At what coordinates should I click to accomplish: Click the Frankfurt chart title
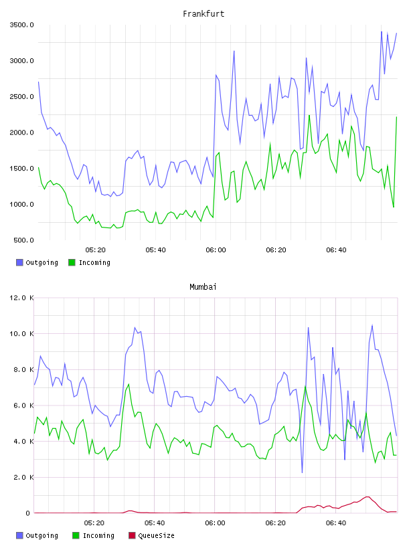point(203,14)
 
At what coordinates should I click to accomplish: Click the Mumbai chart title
point(203,287)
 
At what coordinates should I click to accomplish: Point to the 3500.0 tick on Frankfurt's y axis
point(21,25)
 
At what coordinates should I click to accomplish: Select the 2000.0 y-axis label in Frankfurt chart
point(21,132)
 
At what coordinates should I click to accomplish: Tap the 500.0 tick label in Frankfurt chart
point(23,240)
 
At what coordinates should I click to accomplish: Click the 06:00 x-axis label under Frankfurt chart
point(216,250)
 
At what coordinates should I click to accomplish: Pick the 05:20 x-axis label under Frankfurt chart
point(96,250)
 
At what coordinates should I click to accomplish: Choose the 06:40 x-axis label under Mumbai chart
point(336,523)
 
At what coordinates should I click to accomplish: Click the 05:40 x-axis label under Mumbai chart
point(155,523)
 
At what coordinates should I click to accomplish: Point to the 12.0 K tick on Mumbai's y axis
point(21,298)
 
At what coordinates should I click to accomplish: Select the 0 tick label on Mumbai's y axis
point(28,513)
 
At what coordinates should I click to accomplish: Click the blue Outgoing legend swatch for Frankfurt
point(19,262)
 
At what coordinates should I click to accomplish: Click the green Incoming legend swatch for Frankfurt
point(72,262)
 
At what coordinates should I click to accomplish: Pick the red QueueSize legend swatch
point(132,535)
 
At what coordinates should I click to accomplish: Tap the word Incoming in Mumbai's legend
point(98,535)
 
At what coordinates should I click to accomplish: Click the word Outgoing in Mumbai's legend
point(42,535)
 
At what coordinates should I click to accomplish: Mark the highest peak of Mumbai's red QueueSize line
point(368,497)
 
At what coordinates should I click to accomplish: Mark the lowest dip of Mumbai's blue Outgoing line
point(302,472)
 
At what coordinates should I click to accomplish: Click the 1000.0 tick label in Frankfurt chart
point(21,204)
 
